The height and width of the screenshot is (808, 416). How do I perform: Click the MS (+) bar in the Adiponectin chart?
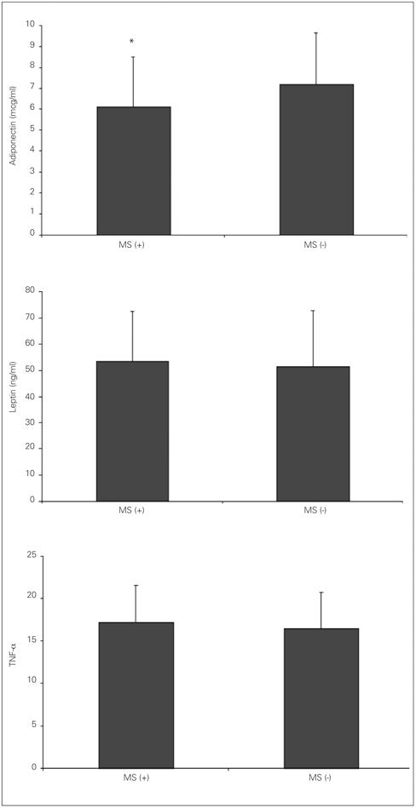pos(133,170)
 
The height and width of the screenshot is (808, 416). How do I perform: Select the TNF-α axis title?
pos(14,662)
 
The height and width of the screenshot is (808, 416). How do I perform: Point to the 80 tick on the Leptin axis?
pos(30,291)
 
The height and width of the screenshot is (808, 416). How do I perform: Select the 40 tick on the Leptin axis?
pos(30,396)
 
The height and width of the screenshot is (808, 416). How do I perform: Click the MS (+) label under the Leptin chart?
pos(132,510)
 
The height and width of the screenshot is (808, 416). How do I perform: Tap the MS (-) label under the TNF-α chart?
pos(321,778)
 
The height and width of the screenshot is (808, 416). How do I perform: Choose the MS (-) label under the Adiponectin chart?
pos(316,244)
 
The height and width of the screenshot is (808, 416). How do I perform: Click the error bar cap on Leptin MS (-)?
pos(313,311)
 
